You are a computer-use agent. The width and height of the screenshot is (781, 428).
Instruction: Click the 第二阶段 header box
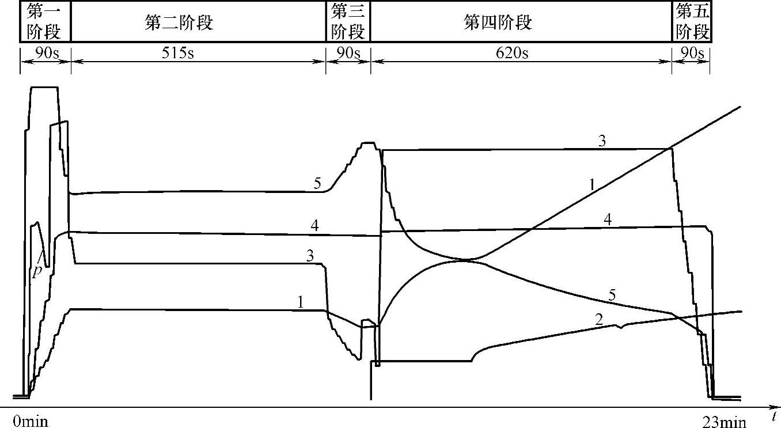click(x=179, y=22)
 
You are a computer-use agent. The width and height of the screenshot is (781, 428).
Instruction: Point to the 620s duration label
click(x=513, y=53)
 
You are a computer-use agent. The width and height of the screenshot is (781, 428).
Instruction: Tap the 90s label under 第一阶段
click(x=45, y=53)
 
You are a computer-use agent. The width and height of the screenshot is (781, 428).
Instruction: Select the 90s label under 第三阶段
click(x=348, y=53)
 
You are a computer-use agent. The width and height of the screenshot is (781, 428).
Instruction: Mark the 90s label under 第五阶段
click(x=692, y=53)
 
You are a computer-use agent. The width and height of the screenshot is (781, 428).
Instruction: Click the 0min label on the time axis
click(x=30, y=422)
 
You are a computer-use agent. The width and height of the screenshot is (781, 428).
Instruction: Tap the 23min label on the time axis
click(x=724, y=422)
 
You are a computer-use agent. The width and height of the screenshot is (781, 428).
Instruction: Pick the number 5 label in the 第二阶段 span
click(x=317, y=184)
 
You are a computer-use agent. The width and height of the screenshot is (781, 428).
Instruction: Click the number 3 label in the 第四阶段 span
click(x=602, y=142)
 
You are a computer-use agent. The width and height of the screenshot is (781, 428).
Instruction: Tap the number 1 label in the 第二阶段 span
click(x=301, y=302)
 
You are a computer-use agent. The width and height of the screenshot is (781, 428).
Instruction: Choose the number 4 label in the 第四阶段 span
click(x=608, y=219)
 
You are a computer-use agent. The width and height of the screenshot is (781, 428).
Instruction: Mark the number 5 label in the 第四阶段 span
click(x=613, y=296)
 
